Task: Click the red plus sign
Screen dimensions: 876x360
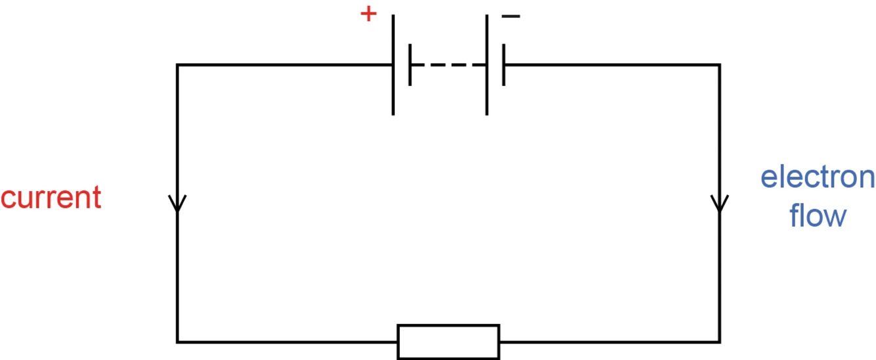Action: click(x=369, y=14)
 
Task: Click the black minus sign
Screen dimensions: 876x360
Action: click(x=510, y=16)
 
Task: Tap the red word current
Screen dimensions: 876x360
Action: click(x=51, y=197)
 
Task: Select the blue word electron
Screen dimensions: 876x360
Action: click(x=817, y=177)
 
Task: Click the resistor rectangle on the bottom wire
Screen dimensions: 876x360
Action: click(x=449, y=342)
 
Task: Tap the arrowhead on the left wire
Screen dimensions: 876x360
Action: click(x=177, y=202)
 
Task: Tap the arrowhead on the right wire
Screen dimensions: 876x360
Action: click(x=720, y=202)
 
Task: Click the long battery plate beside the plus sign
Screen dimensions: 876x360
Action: click(x=393, y=65)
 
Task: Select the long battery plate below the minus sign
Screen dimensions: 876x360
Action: click(x=487, y=65)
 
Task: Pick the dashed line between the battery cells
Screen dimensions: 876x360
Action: click(x=448, y=65)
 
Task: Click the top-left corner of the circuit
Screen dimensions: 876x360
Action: click(x=177, y=65)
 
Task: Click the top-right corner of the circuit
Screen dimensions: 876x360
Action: click(x=720, y=65)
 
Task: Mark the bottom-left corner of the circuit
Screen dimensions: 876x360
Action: click(x=177, y=342)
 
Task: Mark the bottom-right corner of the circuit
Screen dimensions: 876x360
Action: click(x=720, y=342)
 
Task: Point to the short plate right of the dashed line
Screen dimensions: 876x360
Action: click(x=504, y=65)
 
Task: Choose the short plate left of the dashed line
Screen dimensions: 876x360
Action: click(x=410, y=65)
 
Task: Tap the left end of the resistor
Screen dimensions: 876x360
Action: click(x=399, y=342)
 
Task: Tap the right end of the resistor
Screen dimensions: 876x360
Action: click(x=498, y=342)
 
